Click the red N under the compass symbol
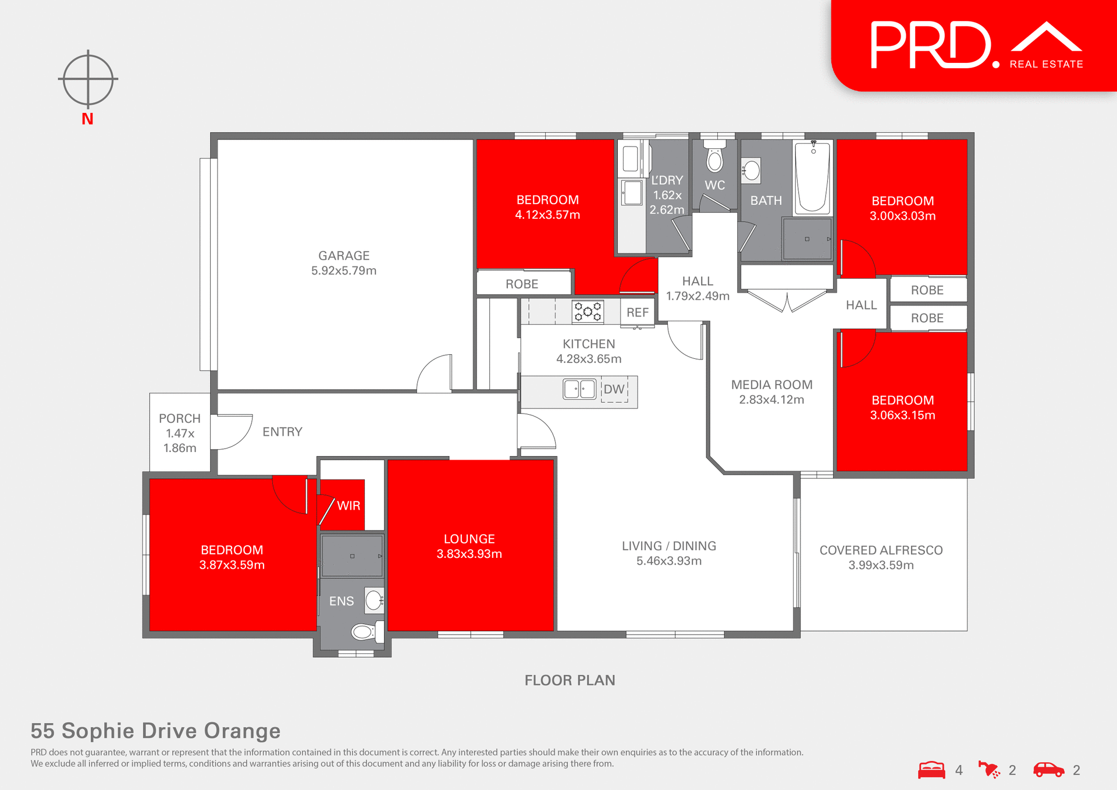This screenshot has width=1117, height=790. tap(87, 119)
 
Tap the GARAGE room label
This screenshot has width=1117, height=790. tap(344, 256)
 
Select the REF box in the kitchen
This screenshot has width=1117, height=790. tap(637, 312)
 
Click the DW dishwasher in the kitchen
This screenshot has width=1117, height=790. tap(614, 389)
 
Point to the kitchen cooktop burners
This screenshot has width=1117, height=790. tap(588, 312)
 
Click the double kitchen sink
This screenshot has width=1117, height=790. tap(579, 389)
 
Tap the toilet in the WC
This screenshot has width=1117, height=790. tap(714, 158)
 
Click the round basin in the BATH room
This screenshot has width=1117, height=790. tap(752, 170)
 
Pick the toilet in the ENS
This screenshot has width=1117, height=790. tap(365, 632)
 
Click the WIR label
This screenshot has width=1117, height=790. tap(348, 506)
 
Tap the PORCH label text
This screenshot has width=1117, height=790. tap(180, 418)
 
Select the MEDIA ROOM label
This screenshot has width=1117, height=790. tap(771, 385)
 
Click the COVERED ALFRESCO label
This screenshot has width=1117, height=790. tap(881, 550)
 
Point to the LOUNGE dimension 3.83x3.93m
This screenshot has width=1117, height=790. tap(469, 554)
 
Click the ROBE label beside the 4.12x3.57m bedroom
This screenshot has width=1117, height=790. tap(522, 284)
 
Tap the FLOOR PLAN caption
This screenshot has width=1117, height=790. tap(570, 680)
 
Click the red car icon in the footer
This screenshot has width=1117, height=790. tap(1048, 770)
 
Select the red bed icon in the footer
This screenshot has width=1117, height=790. tap(931, 770)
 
